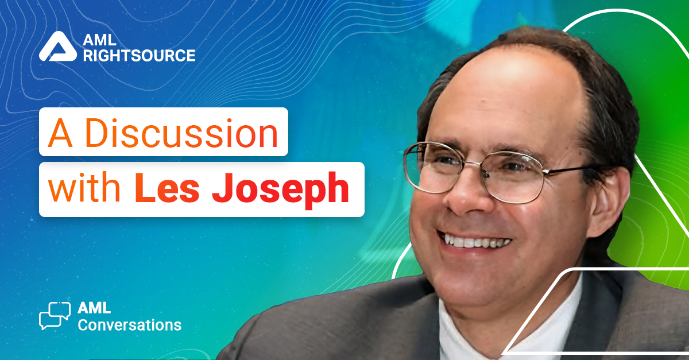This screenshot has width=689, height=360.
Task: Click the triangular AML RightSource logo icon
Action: [58, 47]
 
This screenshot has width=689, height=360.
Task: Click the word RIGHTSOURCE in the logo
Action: [139, 56]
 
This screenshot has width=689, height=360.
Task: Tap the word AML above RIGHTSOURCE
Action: [99, 40]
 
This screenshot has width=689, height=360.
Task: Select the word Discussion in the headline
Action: [182, 133]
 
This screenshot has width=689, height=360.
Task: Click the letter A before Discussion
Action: [60, 133]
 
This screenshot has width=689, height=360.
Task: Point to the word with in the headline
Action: [84, 187]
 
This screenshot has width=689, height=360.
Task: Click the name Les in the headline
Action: [167, 187]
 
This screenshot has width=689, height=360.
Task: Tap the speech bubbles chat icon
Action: [55, 316]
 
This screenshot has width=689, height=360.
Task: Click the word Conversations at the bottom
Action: [130, 325]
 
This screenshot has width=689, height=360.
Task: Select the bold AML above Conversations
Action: [94, 308]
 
